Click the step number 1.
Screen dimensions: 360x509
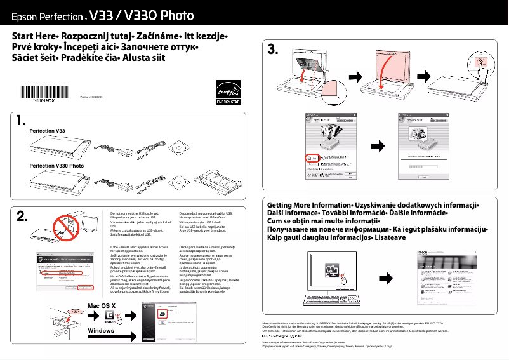coord(22,121)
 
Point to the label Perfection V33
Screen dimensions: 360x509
coord(48,130)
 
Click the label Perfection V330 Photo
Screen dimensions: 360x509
coord(57,166)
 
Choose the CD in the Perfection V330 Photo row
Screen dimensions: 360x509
coord(178,182)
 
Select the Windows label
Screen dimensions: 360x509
coord(100,331)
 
